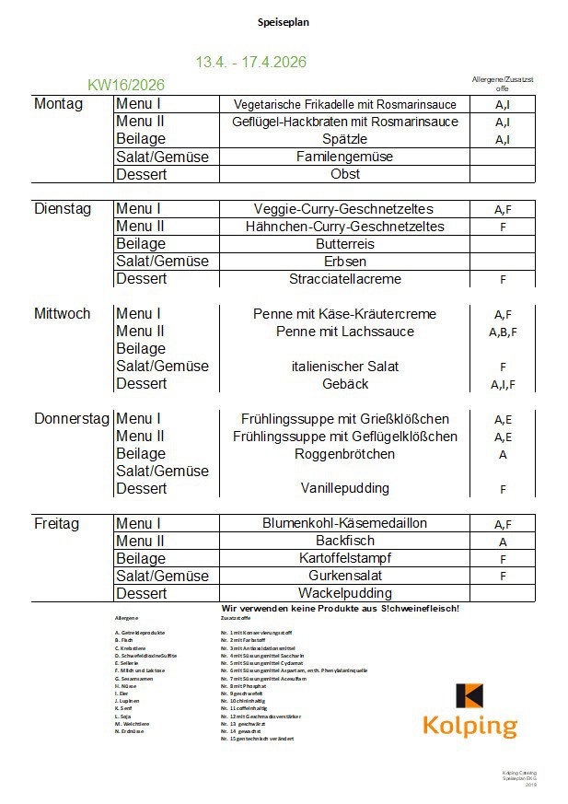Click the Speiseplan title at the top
click(283, 22)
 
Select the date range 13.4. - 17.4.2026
click(250, 63)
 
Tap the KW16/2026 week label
click(126, 86)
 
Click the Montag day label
click(58, 104)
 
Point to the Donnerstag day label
click(72, 419)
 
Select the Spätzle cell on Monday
click(345, 139)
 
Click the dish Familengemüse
click(345, 157)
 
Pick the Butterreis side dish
click(345, 244)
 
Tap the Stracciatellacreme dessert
click(345, 279)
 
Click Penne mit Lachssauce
click(345, 332)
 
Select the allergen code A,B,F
click(503, 332)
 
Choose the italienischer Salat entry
click(345, 367)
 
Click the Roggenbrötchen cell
click(345, 454)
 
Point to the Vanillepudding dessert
click(345, 489)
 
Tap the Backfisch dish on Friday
click(345, 542)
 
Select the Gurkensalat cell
click(345, 577)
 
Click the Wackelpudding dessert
click(345, 594)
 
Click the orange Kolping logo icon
click(469, 697)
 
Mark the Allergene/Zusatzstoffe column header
click(503, 84)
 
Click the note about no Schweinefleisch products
click(340, 610)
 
